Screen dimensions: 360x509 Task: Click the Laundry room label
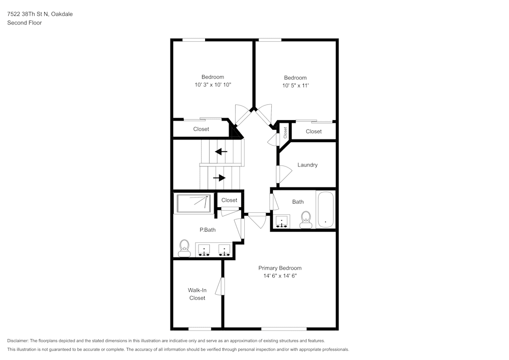307,165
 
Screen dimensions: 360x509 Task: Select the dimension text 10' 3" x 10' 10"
213,85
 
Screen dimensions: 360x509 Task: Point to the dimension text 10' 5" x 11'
295,86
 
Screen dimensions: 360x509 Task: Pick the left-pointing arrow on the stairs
221,152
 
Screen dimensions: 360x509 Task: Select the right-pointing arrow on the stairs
219,178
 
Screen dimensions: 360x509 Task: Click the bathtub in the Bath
325,209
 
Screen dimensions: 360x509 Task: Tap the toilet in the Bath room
306,219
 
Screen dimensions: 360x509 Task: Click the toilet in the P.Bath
184,248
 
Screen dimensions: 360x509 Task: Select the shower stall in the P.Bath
193,204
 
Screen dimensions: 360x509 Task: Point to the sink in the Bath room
281,221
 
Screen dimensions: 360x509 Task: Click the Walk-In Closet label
197,294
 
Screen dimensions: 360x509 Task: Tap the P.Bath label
207,230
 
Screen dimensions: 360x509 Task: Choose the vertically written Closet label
286,132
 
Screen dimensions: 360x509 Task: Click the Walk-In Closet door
220,286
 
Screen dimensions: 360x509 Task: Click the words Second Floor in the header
24,23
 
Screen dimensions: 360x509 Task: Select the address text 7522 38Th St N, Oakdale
40,14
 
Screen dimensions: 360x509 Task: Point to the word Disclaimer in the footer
18,341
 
